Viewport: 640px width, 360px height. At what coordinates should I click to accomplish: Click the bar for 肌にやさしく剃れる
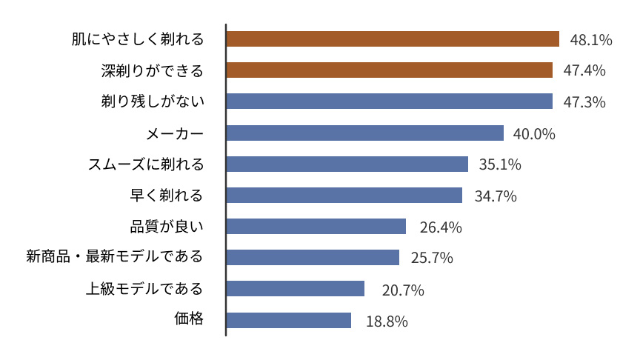393,39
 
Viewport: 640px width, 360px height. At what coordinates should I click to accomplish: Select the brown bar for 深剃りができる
390,70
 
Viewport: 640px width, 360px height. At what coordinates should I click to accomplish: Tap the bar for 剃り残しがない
390,101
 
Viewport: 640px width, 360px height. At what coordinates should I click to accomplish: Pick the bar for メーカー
364,133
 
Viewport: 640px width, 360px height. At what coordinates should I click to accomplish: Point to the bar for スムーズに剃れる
347,164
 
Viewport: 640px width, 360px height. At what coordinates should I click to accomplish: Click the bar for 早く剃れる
344,195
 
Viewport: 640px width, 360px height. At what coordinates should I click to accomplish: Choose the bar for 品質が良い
316,226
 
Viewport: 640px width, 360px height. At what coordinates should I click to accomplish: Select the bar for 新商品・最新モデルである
313,257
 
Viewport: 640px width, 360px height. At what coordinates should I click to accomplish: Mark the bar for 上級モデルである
296,288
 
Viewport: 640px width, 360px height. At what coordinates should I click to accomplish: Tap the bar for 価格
289,320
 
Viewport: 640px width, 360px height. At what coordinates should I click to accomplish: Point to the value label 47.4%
584,71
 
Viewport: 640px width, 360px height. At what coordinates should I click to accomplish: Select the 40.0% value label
534,134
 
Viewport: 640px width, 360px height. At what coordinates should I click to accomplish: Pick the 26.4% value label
441,227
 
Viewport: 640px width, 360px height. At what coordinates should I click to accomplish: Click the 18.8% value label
387,321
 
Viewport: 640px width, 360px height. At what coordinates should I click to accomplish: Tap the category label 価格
189,319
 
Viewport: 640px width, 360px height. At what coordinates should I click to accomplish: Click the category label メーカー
175,133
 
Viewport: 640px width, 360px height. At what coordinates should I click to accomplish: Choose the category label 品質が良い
167,226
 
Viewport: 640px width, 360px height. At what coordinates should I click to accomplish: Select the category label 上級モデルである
144,288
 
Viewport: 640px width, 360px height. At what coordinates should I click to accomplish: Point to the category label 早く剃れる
167,195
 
